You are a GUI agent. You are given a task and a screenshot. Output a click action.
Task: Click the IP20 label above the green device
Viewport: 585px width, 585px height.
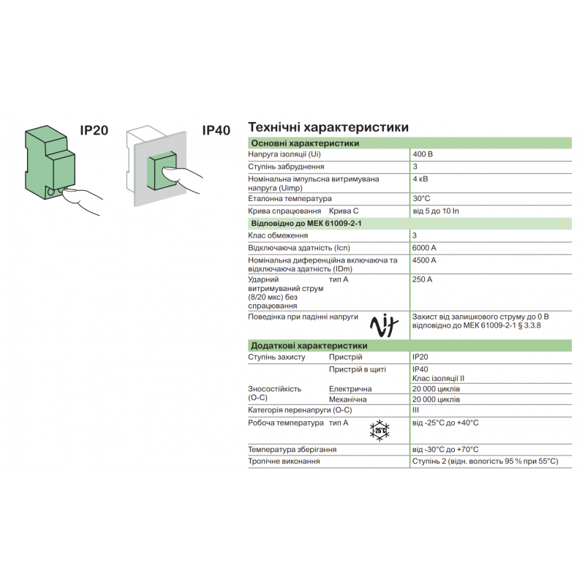(x=94, y=130)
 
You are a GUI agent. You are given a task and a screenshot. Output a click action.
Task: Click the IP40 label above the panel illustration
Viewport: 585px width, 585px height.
(x=216, y=130)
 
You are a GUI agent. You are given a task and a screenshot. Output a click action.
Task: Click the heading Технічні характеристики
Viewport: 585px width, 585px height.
(x=328, y=127)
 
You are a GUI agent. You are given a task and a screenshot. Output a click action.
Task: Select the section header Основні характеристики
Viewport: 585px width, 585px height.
(x=305, y=143)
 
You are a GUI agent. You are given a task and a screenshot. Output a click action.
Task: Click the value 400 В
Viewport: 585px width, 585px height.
(x=423, y=155)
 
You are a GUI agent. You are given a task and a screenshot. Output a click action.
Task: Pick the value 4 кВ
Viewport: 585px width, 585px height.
(x=420, y=178)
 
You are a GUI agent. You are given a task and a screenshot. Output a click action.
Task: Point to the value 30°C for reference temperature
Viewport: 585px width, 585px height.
(x=421, y=198)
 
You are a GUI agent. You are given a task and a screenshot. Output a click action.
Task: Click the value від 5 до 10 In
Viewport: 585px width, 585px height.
(x=436, y=211)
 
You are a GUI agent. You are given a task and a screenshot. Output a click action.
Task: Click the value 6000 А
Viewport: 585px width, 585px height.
(x=424, y=247)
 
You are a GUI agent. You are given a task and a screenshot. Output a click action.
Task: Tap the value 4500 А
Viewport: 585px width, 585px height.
(x=424, y=260)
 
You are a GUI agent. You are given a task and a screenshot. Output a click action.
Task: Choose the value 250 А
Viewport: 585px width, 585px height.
(x=422, y=279)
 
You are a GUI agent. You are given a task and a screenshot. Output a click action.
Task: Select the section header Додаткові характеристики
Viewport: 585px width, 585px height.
(x=309, y=345)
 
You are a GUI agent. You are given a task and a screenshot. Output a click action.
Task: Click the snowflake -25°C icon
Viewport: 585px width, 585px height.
(x=380, y=430)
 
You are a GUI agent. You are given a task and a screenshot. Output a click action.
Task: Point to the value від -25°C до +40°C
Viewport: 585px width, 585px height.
(x=445, y=423)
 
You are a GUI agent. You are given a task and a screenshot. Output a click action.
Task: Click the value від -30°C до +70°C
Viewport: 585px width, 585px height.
(x=445, y=449)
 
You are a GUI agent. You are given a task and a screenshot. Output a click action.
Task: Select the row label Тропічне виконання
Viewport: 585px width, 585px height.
(x=284, y=461)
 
